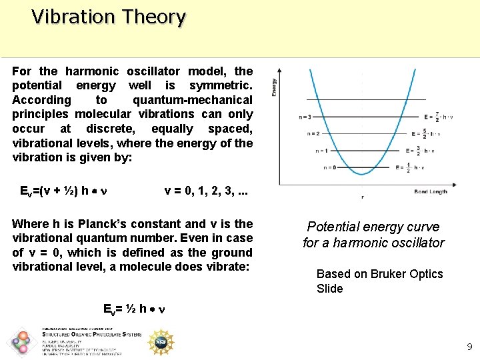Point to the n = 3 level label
pos(305,117)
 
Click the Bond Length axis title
pos(431,191)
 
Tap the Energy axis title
pos(274,87)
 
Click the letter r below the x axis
pos(362,197)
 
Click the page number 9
pos(469,347)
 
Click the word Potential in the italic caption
pos(333,227)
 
